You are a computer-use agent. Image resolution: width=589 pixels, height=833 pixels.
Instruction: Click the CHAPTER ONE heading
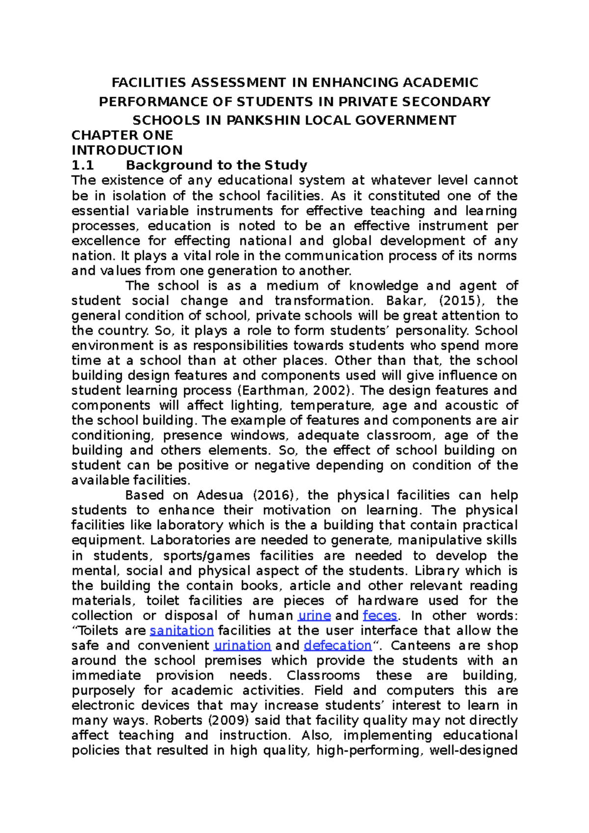pos(122,135)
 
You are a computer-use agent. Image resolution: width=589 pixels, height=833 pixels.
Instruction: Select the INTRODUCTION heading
pos(127,150)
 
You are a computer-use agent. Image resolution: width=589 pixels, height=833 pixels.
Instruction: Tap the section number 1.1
pos(82,165)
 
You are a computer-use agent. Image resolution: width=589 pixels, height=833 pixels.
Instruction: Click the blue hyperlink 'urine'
pos(315,616)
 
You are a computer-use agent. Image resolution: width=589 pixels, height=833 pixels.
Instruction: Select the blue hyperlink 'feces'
pos(380,616)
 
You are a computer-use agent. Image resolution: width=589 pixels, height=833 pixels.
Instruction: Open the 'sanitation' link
pos(182,631)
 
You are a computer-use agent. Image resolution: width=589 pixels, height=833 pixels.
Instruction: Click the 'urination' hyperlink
pos(242,646)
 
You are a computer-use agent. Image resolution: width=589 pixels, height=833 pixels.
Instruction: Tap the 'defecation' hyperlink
pos(338,646)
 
